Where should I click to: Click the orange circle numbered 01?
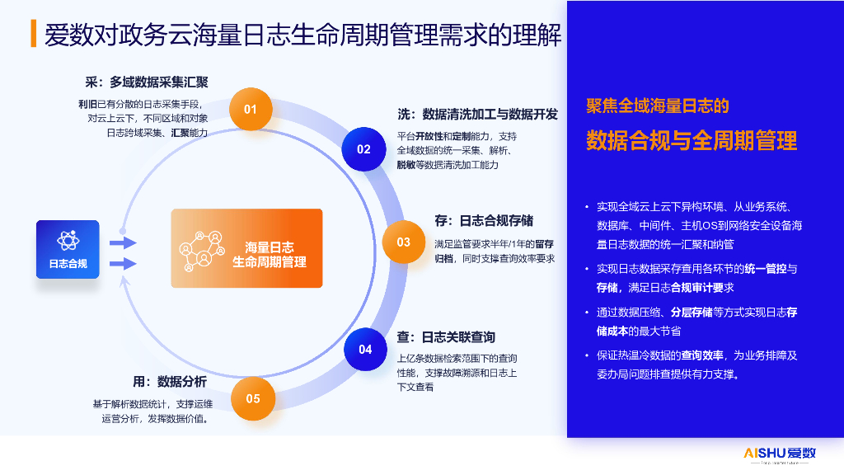pyautogui.click(x=251, y=109)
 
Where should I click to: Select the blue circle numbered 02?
pyautogui.click(x=363, y=149)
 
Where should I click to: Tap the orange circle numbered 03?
pyautogui.click(x=403, y=242)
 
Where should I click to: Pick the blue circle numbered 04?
pyautogui.click(x=365, y=350)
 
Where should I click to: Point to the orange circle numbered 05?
pyautogui.click(x=252, y=399)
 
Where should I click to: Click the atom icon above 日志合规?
pyautogui.click(x=68, y=240)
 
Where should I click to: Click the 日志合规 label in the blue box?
pyautogui.click(x=68, y=264)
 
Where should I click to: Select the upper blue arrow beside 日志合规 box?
pyautogui.click(x=123, y=242)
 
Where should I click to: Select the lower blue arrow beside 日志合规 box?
pyautogui.click(x=123, y=264)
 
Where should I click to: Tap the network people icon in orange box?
pyautogui.click(x=202, y=248)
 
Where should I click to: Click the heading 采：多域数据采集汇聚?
pyautogui.click(x=147, y=82)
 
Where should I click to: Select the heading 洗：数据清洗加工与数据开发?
pyautogui.click(x=477, y=115)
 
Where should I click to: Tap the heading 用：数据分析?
pyautogui.click(x=170, y=382)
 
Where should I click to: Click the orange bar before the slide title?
pyautogui.click(x=32, y=34)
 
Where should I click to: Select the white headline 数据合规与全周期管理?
pyautogui.click(x=692, y=140)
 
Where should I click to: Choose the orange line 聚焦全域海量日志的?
pyautogui.click(x=657, y=106)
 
